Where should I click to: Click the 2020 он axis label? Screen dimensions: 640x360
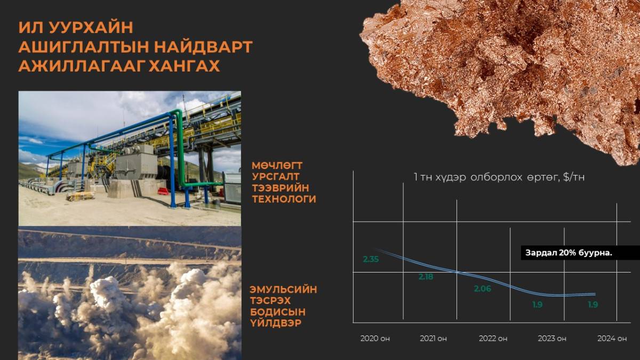pyautogui.click(x=375, y=339)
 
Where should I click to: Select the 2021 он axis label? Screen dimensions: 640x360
pyautogui.click(x=433, y=339)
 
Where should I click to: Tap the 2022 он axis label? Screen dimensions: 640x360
pyautogui.click(x=493, y=339)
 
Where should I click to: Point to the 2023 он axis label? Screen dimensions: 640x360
pyautogui.click(x=552, y=339)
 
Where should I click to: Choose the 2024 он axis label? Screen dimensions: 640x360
pyautogui.click(x=612, y=339)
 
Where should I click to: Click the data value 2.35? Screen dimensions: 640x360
pyautogui.click(x=371, y=259)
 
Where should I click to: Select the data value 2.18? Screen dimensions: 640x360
pyautogui.click(x=426, y=277)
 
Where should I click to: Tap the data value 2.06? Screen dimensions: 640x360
pyautogui.click(x=483, y=289)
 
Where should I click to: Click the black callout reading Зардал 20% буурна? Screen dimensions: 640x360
pyautogui.click(x=580, y=253)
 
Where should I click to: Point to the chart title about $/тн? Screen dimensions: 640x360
pyautogui.click(x=499, y=177)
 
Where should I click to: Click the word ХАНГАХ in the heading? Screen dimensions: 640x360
pyautogui.click(x=185, y=66)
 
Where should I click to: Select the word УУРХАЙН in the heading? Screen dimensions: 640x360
pyautogui.click(x=91, y=27)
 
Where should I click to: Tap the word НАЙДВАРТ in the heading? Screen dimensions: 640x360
pyautogui.click(x=203, y=47)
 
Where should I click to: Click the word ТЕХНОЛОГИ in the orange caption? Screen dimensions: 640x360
pyautogui.click(x=284, y=199)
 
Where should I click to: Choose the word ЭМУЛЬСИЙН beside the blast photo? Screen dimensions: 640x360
pyautogui.click(x=283, y=290)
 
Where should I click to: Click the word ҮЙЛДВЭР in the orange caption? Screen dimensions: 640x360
pyautogui.click(x=276, y=323)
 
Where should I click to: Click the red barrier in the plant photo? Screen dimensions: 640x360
pyautogui.click(x=163, y=191)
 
